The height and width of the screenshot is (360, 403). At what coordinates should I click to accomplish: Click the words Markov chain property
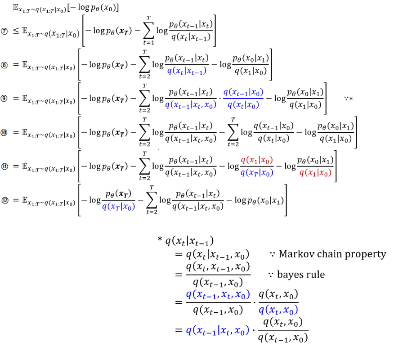332,254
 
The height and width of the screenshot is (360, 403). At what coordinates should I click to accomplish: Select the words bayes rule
301,274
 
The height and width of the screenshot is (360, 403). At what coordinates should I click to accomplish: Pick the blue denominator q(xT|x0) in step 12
119,207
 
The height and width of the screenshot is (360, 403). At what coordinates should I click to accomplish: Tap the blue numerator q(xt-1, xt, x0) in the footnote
218,295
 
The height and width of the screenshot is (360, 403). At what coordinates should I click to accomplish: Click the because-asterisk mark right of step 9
348,99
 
